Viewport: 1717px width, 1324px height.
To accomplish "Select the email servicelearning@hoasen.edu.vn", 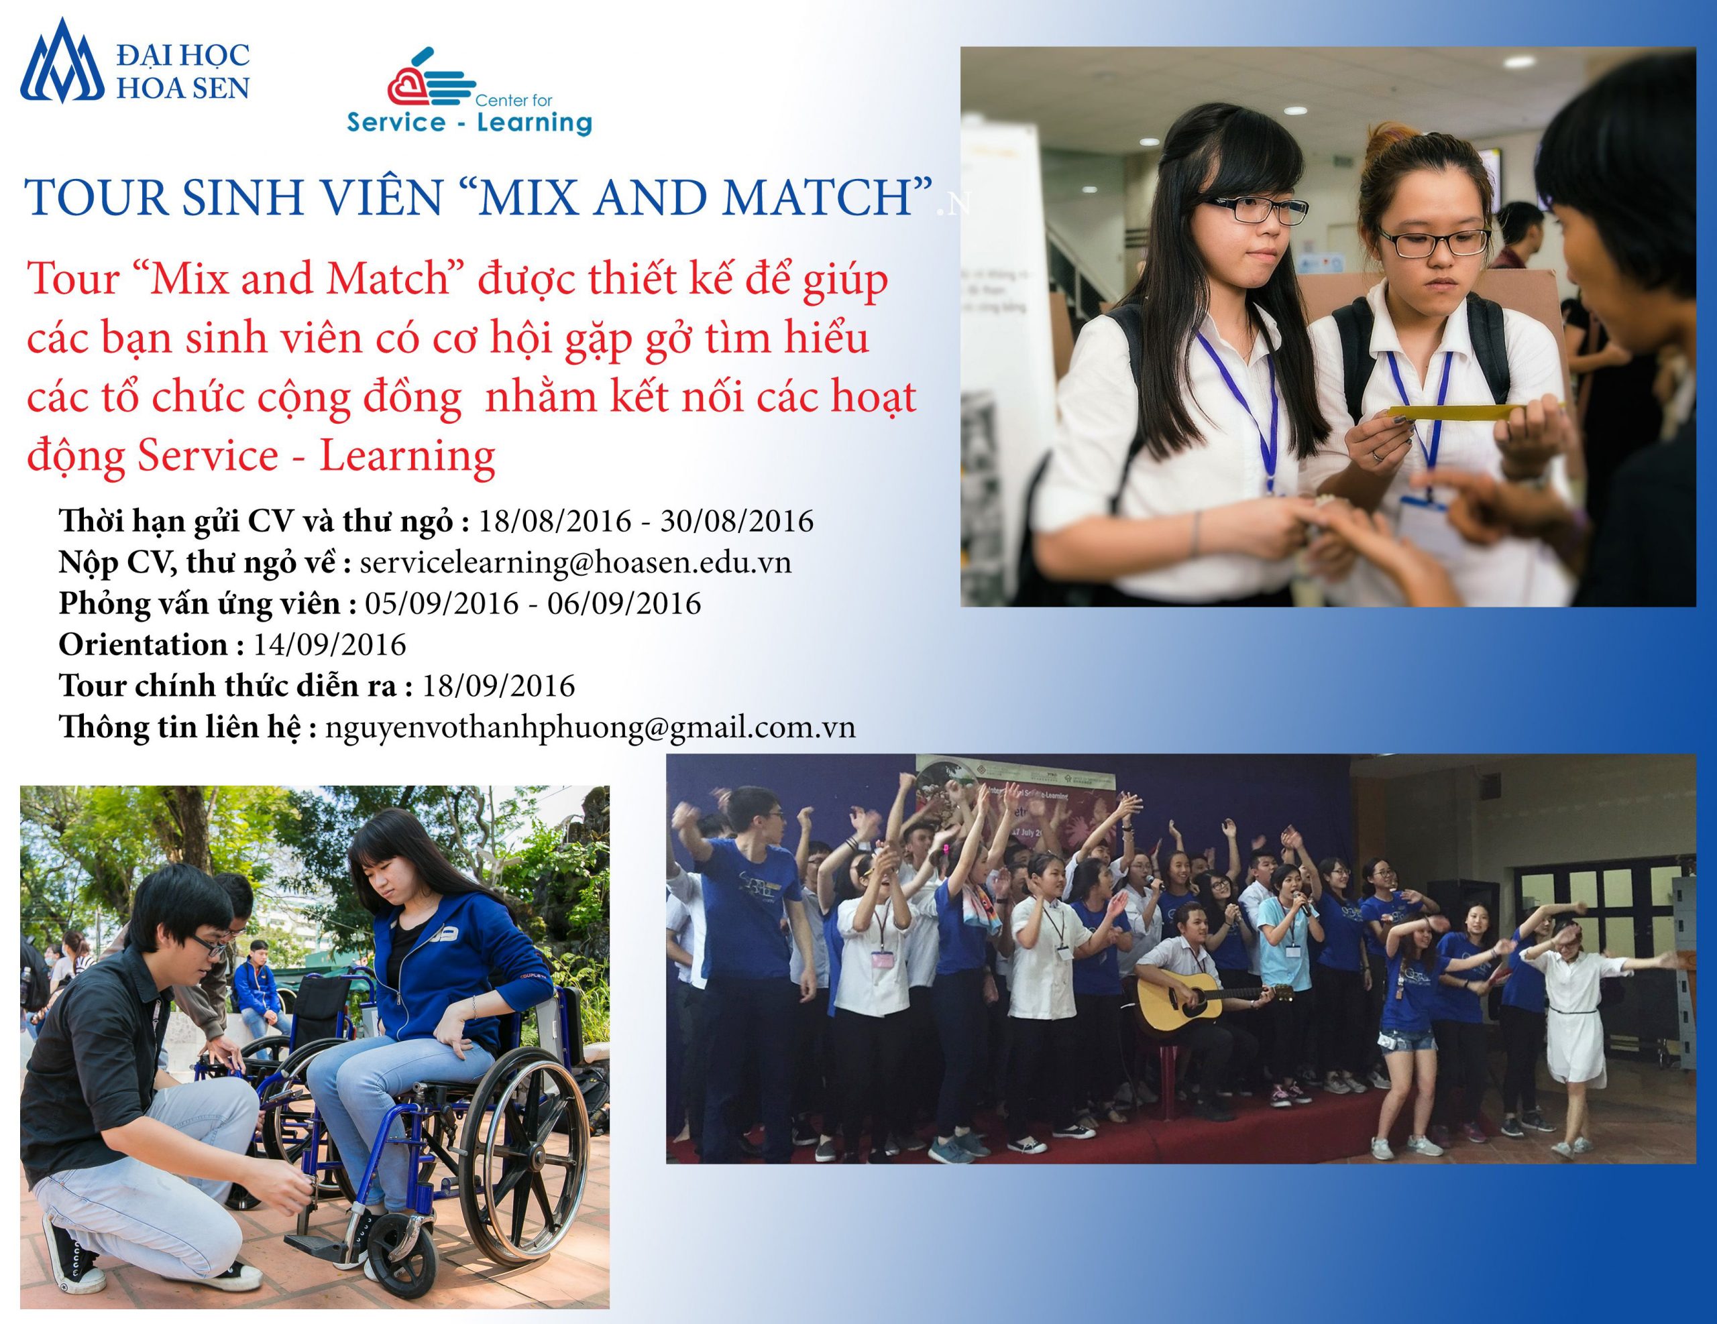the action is (575, 562).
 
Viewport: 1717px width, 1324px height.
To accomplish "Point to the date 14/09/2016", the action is (329, 645).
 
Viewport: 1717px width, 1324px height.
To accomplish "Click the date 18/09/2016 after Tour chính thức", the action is (498, 686).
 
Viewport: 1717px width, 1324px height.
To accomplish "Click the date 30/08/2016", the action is (736, 522).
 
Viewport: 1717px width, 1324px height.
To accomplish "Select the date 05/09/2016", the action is (442, 604).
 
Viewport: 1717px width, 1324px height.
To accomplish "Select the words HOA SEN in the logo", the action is (183, 87).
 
